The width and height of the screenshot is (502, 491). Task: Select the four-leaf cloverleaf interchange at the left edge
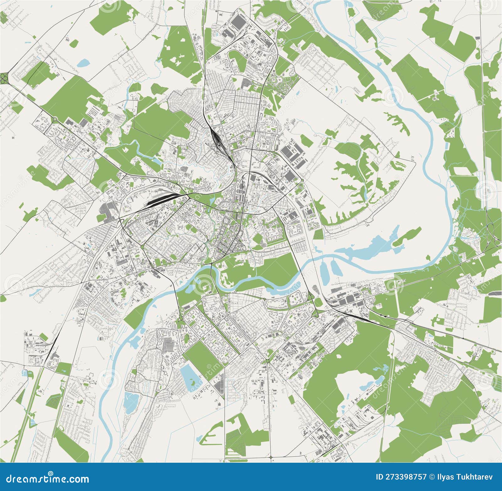pyautogui.click(x=5, y=77)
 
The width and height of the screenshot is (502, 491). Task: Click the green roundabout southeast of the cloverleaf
pyautogui.click(x=55, y=119)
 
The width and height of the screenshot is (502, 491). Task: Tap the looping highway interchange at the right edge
pyautogui.click(x=493, y=232)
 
